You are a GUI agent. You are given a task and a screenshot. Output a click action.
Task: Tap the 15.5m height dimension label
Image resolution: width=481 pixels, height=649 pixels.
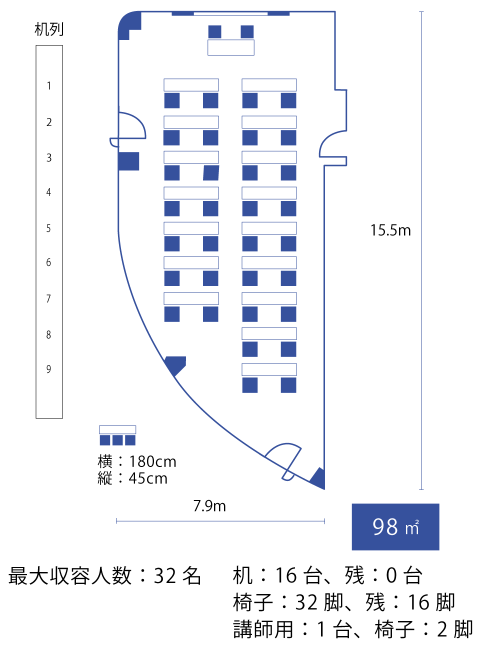390,230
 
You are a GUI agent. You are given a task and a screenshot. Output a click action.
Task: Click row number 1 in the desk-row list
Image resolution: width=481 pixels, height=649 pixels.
49,85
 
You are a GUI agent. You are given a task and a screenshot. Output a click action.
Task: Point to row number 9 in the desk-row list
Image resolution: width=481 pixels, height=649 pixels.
48,369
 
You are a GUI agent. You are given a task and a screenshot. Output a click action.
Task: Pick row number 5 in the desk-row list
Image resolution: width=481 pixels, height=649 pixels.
48,228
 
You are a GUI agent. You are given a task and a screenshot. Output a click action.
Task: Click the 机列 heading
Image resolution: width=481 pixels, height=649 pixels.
49,29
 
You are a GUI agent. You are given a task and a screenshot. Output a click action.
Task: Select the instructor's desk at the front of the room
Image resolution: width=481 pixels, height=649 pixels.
231,47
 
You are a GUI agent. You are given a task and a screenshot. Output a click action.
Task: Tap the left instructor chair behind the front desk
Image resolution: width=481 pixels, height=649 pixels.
215,31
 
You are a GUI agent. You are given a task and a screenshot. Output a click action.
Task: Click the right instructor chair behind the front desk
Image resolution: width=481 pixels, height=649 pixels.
247,31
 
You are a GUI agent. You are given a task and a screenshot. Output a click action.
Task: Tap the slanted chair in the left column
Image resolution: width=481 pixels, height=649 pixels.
211,173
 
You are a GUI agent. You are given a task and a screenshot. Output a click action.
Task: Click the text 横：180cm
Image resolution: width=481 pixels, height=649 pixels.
137,461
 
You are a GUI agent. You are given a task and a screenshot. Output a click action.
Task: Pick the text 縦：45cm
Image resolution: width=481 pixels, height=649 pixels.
132,478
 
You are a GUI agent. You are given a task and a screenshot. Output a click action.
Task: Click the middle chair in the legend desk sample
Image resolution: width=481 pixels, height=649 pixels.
117,440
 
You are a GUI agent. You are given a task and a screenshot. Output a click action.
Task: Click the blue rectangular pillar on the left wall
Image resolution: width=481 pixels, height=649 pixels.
128,161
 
